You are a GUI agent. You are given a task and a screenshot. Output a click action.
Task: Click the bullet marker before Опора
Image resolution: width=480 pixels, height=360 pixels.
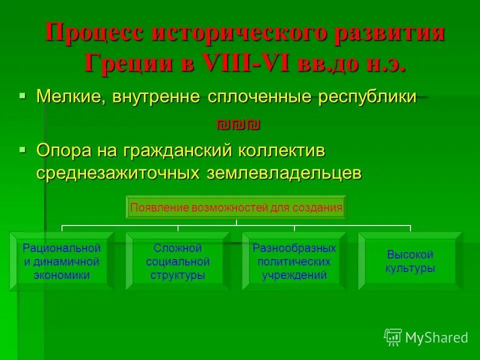coord(22,148)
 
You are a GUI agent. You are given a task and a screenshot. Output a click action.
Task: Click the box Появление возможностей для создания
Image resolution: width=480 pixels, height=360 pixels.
coord(236,207)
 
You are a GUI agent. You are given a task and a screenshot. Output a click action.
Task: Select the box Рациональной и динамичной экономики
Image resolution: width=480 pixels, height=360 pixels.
coord(62,261)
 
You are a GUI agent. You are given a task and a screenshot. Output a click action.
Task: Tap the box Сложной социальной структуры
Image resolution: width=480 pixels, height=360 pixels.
coord(177,261)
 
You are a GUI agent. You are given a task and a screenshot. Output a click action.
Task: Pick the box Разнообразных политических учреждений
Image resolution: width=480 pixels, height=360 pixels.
coord(294,261)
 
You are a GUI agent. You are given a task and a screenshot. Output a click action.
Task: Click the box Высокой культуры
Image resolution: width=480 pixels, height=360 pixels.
coord(410,261)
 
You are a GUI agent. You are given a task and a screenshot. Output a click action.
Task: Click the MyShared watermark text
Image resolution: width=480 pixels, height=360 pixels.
coord(436,337)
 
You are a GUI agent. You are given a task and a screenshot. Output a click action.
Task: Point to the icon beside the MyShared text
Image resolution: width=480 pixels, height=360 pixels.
coord(393,337)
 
